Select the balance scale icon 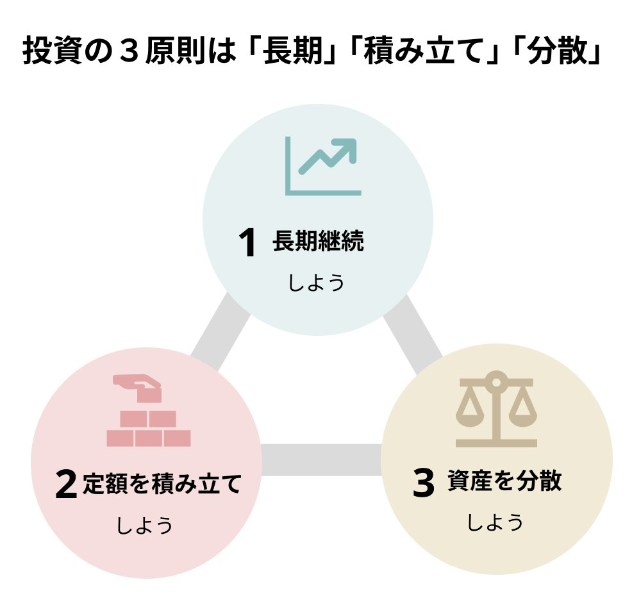[495, 411]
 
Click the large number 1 [247, 244]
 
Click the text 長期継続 [318, 242]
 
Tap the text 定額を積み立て [162, 483]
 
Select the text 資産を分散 [504, 481]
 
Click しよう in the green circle [316, 283]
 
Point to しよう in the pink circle [144, 526]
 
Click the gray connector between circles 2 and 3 [321, 460]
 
